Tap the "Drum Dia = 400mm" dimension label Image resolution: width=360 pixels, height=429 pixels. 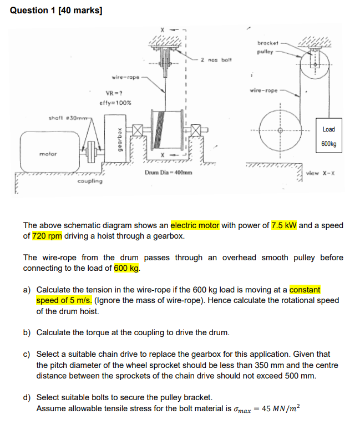169,173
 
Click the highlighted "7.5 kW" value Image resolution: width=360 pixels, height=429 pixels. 284,225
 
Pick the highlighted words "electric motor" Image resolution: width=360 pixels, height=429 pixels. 195,225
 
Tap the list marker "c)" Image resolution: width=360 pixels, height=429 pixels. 27,354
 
